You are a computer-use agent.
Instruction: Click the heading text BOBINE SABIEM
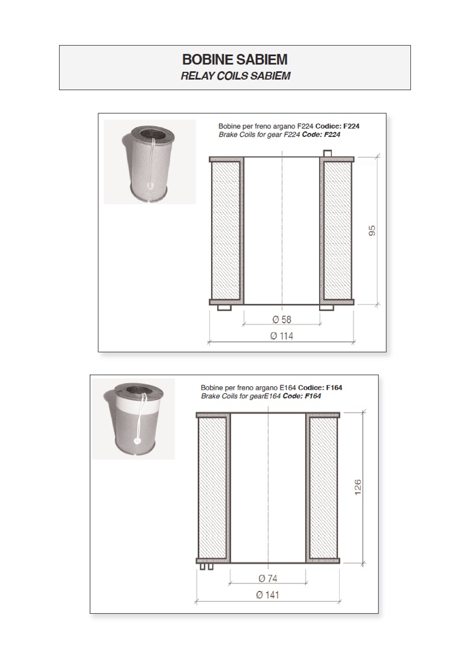235,60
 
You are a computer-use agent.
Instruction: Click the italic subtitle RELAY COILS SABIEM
235,77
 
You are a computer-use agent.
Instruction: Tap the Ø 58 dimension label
282,320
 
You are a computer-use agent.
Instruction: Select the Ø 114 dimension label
282,336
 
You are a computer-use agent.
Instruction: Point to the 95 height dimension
372,231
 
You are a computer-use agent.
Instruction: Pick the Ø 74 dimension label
268,578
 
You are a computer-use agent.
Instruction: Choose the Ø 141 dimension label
268,594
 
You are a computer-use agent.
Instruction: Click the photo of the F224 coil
150,162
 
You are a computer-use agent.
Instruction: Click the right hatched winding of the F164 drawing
323,488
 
